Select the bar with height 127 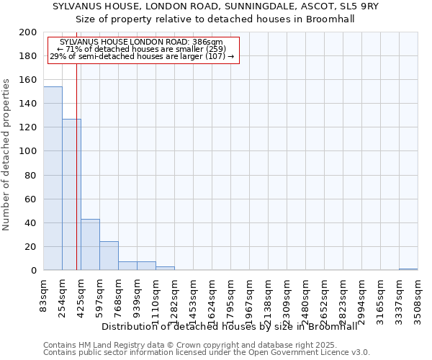(x=71, y=194)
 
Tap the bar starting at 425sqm (x=90, y=245)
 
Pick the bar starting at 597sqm (x=109, y=256)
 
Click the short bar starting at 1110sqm (x=165, y=269)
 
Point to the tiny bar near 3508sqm (x=408, y=269)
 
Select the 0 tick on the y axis (x=34, y=271)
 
